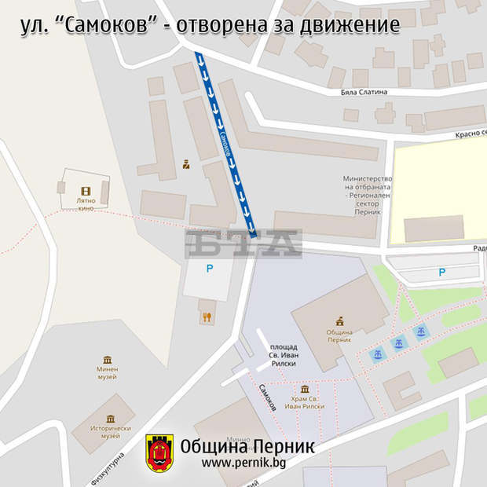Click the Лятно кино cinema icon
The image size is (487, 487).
click(85, 191)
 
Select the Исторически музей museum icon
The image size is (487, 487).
click(110, 418)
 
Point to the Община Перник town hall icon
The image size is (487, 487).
click(340, 321)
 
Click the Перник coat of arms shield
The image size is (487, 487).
click(159, 454)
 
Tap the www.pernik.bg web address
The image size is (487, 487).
click(243, 463)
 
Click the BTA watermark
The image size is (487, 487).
click(243, 243)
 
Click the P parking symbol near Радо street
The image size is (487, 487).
click(441, 272)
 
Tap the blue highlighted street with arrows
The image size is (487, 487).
click(226, 145)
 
